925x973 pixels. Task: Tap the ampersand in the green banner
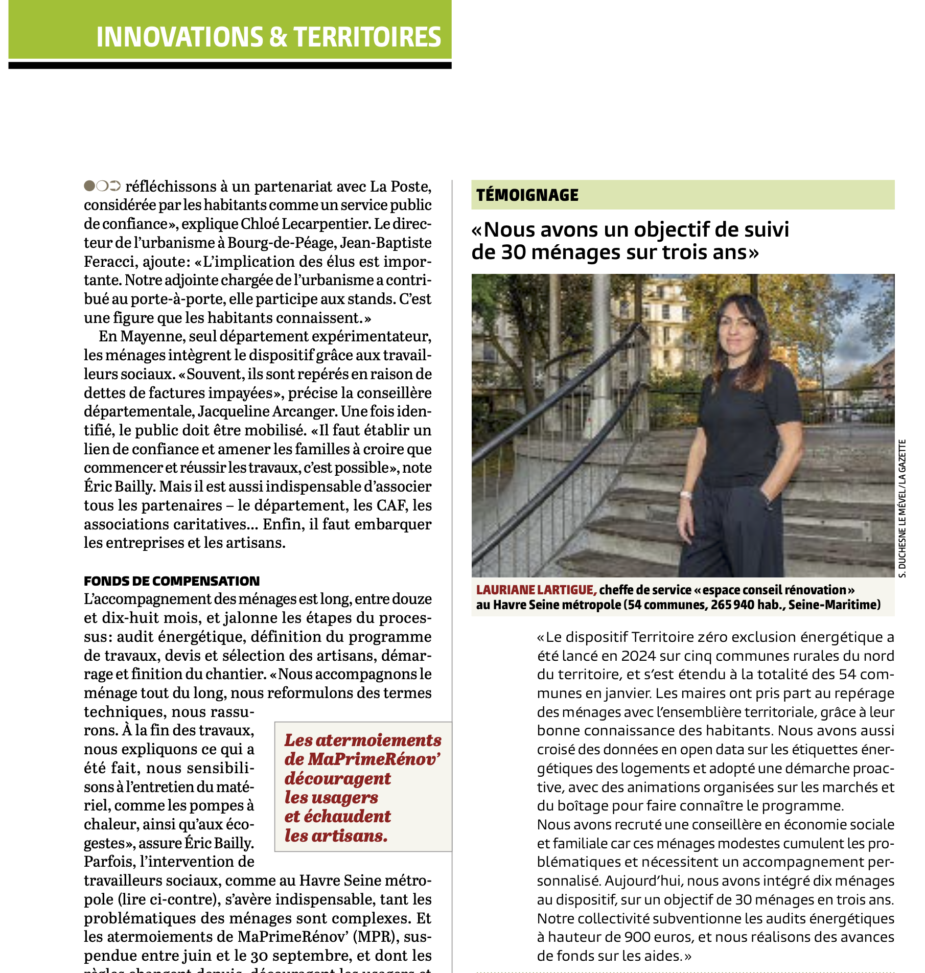(277, 37)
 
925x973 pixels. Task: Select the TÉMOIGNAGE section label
(527, 195)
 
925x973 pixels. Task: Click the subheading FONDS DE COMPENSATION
(172, 581)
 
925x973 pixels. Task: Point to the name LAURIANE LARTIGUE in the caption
(536, 590)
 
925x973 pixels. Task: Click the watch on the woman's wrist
(685, 495)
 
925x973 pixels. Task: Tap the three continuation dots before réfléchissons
(102, 186)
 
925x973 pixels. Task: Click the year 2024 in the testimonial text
(638, 656)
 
